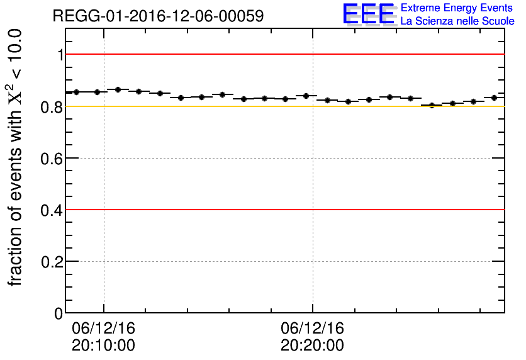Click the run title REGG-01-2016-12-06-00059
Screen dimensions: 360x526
pos(158,16)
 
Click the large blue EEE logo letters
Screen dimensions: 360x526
pos(369,14)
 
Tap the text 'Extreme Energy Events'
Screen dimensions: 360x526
pos(457,8)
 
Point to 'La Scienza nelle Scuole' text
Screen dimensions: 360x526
pos(457,21)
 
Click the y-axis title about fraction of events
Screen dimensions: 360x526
pos(16,157)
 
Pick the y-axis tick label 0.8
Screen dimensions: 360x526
pos(53,106)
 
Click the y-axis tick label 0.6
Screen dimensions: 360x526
pos(53,158)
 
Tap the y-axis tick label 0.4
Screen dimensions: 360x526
pos(53,210)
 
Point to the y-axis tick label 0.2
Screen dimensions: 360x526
pos(53,261)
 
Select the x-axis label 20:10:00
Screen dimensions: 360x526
pos(103,346)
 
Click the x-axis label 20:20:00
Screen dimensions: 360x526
pos(312,346)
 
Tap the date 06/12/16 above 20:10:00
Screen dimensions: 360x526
pos(103,329)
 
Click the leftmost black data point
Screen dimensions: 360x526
pos(76,92)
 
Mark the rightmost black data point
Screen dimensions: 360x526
pos(494,98)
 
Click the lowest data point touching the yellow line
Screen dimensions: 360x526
pos(432,105)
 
